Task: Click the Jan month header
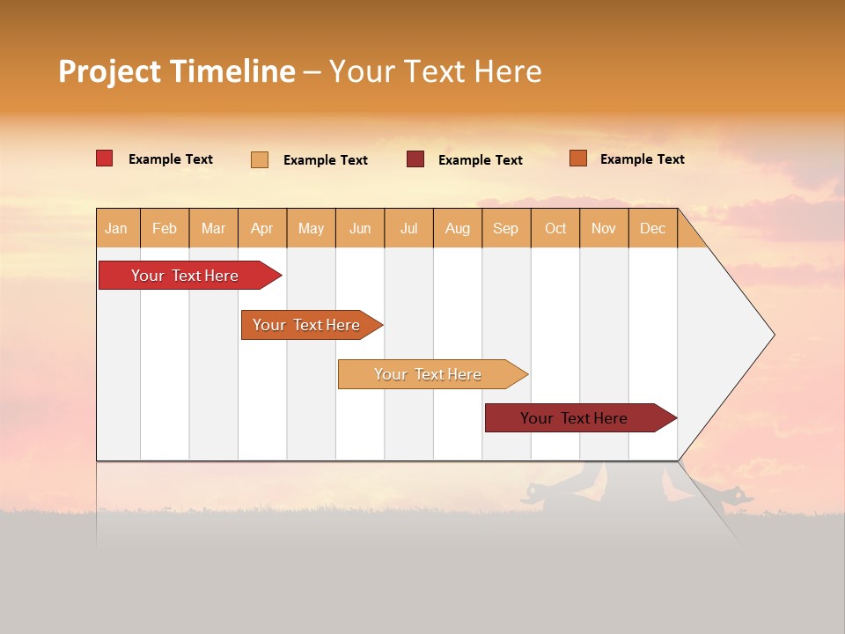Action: pyautogui.click(x=116, y=228)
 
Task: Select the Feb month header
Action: pyautogui.click(x=165, y=228)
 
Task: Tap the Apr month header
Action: pyautogui.click(x=261, y=228)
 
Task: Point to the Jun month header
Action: pyautogui.click(x=360, y=228)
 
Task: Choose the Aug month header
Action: pyautogui.click(x=457, y=228)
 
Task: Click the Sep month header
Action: pyautogui.click(x=505, y=228)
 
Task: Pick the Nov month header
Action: pyautogui.click(x=603, y=228)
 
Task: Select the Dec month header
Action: pyautogui.click(x=652, y=228)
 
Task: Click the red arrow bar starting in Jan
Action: pyautogui.click(x=185, y=276)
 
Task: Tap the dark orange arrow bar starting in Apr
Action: pyautogui.click(x=306, y=325)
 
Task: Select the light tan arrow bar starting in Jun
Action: pyautogui.click(x=428, y=374)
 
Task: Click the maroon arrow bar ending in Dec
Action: pyautogui.click(x=574, y=418)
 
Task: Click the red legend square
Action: pyautogui.click(x=104, y=158)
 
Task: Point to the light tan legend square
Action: pyautogui.click(x=259, y=159)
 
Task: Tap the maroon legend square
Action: pyautogui.click(x=415, y=159)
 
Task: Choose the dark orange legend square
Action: pyautogui.click(x=577, y=158)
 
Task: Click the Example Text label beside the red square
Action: pyautogui.click(x=171, y=159)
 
